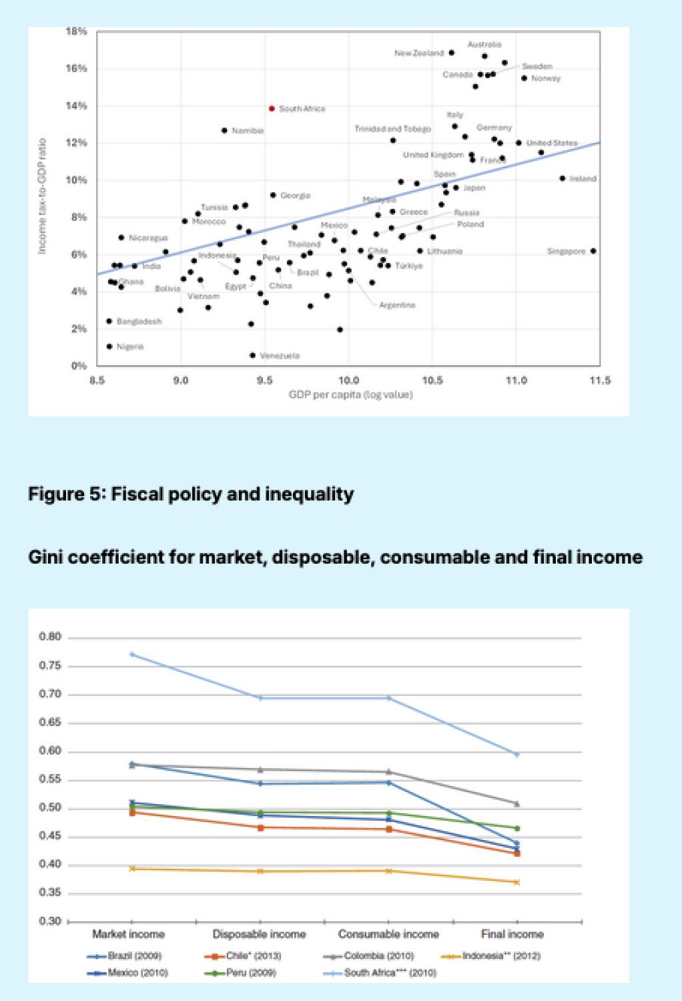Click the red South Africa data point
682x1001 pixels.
pyautogui.click(x=272, y=108)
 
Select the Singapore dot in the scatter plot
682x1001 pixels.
pyautogui.click(x=593, y=251)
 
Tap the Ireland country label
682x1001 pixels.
pyautogui.click(x=583, y=178)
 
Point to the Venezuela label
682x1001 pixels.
pyautogui.click(x=280, y=356)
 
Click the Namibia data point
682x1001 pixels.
pyautogui.click(x=224, y=130)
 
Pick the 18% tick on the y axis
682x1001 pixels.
pyautogui.click(x=76, y=31)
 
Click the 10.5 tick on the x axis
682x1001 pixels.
pyautogui.click(x=432, y=380)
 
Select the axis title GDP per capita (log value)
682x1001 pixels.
pyautogui.click(x=350, y=395)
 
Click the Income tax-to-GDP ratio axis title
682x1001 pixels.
pyautogui.click(x=42, y=196)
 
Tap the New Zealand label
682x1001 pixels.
pyautogui.click(x=419, y=53)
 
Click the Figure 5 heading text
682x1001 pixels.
pyautogui.click(x=191, y=494)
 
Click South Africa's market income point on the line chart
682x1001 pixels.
pyautogui.click(x=132, y=654)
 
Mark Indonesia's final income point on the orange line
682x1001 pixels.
pyautogui.click(x=517, y=882)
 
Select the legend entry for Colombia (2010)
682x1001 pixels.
pyautogui.click(x=378, y=956)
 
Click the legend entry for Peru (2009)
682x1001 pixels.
pyautogui.click(x=251, y=972)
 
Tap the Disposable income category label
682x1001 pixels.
pyautogui.click(x=259, y=934)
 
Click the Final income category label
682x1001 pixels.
pyautogui.click(x=512, y=934)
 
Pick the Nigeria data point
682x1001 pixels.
pyautogui.click(x=109, y=347)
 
